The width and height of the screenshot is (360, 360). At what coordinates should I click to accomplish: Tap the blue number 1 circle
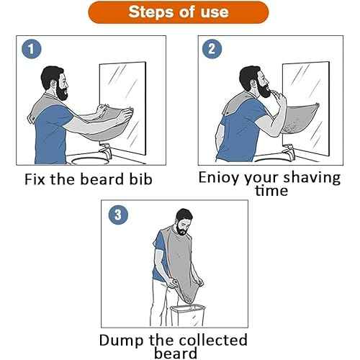[x=30, y=50]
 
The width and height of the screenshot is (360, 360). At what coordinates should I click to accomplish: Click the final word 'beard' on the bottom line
[x=176, y=353]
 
